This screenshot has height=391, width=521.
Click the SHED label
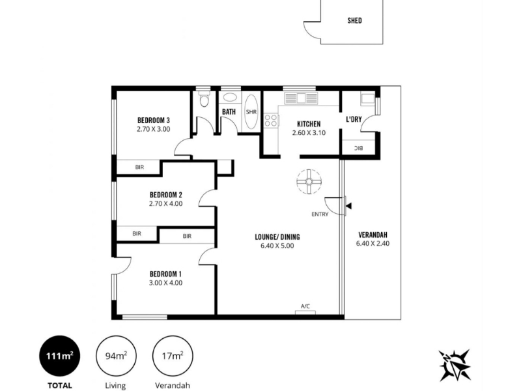(x=354, y=21)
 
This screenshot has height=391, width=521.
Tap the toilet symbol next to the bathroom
(x=204, y=100)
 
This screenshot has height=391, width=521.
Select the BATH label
(x=229, y=111)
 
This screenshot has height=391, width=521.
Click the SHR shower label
(x=251, y=112)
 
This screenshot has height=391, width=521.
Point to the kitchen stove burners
(x=271, y=120)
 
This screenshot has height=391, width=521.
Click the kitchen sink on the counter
(x=301, y=98)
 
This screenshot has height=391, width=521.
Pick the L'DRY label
(x=354, y=119)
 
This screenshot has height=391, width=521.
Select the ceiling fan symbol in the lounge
(x=309, y=182)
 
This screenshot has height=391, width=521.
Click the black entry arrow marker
(x=348, y=206)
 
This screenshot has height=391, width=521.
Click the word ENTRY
(x=320, y=214)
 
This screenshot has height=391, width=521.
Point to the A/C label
(x=305, y=306)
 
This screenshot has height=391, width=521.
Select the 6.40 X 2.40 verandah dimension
(x=373, y=243)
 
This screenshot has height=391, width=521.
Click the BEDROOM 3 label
(x=154, y=120)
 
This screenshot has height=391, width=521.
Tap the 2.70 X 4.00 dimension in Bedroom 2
(x=166, y=203)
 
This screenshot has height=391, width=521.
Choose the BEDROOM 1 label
(x=166, y=274)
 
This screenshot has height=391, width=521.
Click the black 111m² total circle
(x=60, y=356)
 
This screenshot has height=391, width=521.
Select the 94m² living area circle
(x=116, y=356)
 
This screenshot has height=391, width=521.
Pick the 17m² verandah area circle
(x=173, y=356)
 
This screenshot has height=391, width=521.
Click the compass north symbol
(x=455, y=365)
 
